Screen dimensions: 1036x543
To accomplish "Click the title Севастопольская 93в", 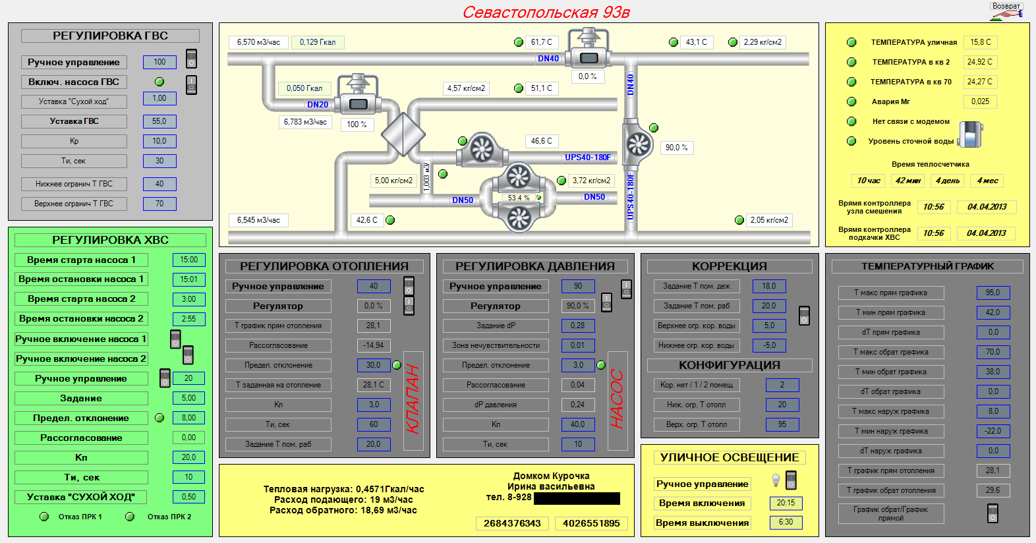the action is pos(546,13).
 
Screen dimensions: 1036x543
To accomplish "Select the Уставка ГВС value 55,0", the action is pos(159,121).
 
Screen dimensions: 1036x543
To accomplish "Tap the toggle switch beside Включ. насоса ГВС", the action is pos(192,85).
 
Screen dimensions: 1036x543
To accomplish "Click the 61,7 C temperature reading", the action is pos(542,42).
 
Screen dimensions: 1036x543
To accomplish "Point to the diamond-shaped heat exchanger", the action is pos(403,134).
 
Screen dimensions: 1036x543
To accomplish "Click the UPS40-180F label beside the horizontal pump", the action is pos(588,157).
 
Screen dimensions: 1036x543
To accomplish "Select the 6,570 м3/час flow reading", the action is pos(258,42).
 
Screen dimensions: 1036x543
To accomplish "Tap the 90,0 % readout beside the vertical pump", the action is pos(677,148).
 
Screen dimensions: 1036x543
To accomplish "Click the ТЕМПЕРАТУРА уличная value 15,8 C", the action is pos(981,42).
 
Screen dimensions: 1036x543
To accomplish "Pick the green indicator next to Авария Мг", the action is pos(851,101).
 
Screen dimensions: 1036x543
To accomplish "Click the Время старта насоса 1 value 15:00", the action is pos(188,260).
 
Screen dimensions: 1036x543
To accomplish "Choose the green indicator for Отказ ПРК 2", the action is pos(130,517).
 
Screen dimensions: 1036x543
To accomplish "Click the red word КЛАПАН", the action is pos(413,399).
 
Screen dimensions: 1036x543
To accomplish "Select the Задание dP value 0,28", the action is pos(578,326).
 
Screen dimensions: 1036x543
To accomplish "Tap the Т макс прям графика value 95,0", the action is pos(993,293).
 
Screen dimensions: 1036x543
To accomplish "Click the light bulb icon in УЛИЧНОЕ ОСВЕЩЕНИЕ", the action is pos(776,480).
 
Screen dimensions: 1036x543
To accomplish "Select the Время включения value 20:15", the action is pos(786,503).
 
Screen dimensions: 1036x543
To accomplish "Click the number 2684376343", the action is pos(513,524).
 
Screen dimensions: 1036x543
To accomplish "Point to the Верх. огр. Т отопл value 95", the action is pos(782,424).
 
